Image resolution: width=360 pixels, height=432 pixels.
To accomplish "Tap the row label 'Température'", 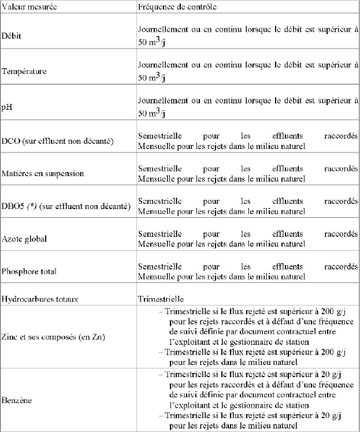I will click(24, 71).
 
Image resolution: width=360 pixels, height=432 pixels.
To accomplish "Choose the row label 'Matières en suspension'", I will click(43, 173).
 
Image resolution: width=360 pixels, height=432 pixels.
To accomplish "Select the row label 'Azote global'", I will click(24, 239).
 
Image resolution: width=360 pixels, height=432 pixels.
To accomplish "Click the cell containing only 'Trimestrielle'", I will click(161, 299).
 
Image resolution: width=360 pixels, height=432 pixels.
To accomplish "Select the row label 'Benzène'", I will click(17, 400).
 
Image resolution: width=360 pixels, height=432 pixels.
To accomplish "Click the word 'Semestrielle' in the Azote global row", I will click(159, 234).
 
